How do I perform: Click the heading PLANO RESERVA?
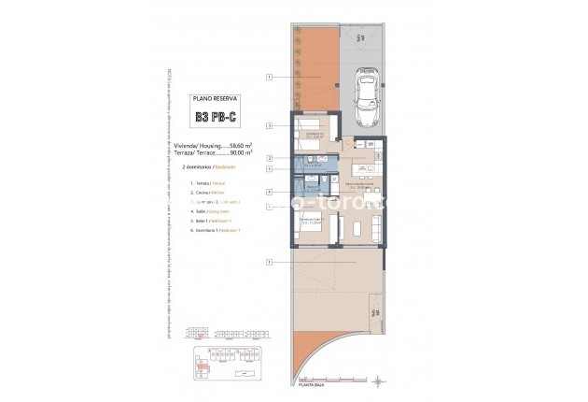(214, 96)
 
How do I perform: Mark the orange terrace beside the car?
(311, 65)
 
